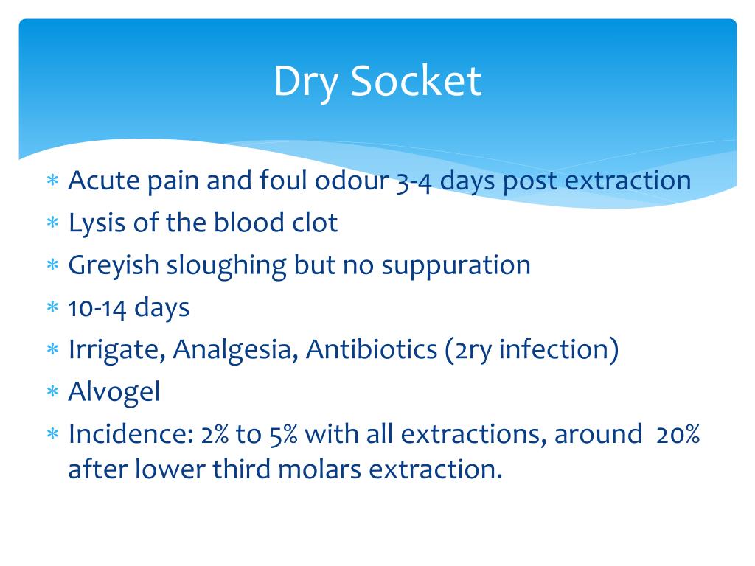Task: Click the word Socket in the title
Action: click(416, 81)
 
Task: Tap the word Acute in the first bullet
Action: click(103, 181)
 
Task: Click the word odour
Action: click(352, 181)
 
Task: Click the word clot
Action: click(315, 223)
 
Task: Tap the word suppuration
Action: click(456, 266)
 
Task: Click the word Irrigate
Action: click(117, 350)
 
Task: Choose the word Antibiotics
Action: click(372, 349)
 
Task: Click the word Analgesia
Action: click(235, 350)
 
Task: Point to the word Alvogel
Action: click(114, 393)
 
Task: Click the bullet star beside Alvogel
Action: click(52, 391)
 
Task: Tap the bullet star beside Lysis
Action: click(52, 223)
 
